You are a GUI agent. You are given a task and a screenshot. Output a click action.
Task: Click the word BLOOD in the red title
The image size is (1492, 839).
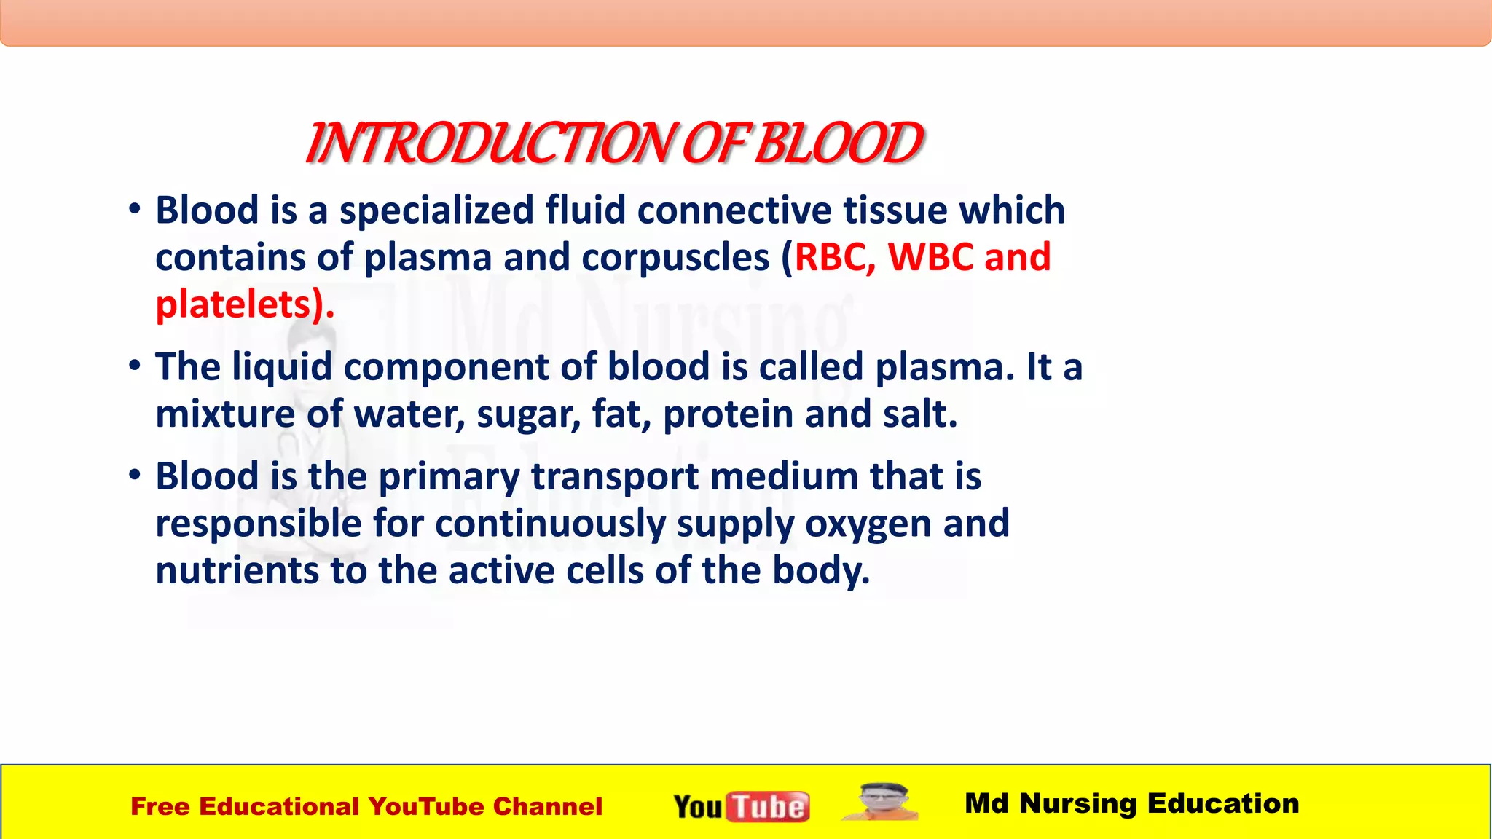838,143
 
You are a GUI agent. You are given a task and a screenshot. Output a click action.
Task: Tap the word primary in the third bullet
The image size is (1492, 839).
449,478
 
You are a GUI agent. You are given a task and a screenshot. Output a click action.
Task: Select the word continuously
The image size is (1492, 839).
550,524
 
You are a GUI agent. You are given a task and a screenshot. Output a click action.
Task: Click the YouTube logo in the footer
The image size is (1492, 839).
741,806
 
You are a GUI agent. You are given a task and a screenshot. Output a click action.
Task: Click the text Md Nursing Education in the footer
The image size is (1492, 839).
1131,803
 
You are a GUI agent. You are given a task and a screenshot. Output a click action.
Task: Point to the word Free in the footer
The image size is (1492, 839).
160,807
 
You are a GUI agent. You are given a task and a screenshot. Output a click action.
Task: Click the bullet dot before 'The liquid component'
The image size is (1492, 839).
135,365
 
